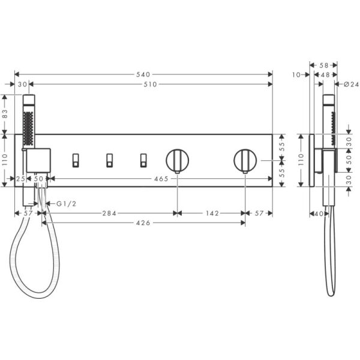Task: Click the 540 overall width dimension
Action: pos(143,74)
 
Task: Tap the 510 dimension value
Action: pos(149,85)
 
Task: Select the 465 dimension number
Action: pos(161,179)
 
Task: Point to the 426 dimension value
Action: pos(143,223)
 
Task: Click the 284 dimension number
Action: pos(109,212)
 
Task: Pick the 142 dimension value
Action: pos(211,212)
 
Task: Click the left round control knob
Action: pos(177,160)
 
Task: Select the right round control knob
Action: pos(245,160)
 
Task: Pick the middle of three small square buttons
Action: pos(109,159)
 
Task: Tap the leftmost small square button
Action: pos(75,159)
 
